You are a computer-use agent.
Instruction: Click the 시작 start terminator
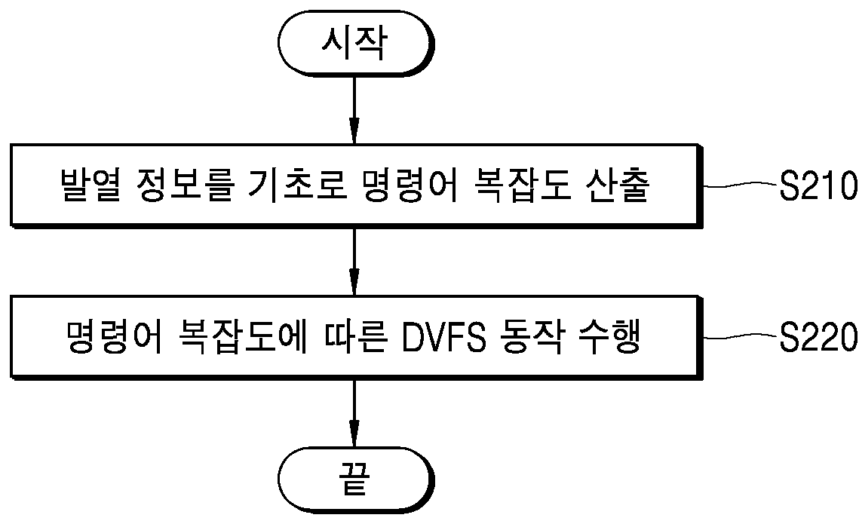pos(355,43)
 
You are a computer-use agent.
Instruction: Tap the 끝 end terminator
pos(355,479)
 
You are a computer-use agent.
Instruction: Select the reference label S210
pos(818,185)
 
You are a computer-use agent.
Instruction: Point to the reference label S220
pos(818,336)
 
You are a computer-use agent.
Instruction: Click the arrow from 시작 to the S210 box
pos(354,109)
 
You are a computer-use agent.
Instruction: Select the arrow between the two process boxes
pos(354,261)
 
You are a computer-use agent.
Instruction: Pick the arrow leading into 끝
pos(354,413)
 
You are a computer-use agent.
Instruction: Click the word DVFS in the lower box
pos(443,337)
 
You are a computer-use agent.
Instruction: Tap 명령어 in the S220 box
pos(114,337)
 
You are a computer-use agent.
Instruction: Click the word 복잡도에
pos(243,337)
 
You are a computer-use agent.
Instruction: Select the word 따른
pos(355,337)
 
